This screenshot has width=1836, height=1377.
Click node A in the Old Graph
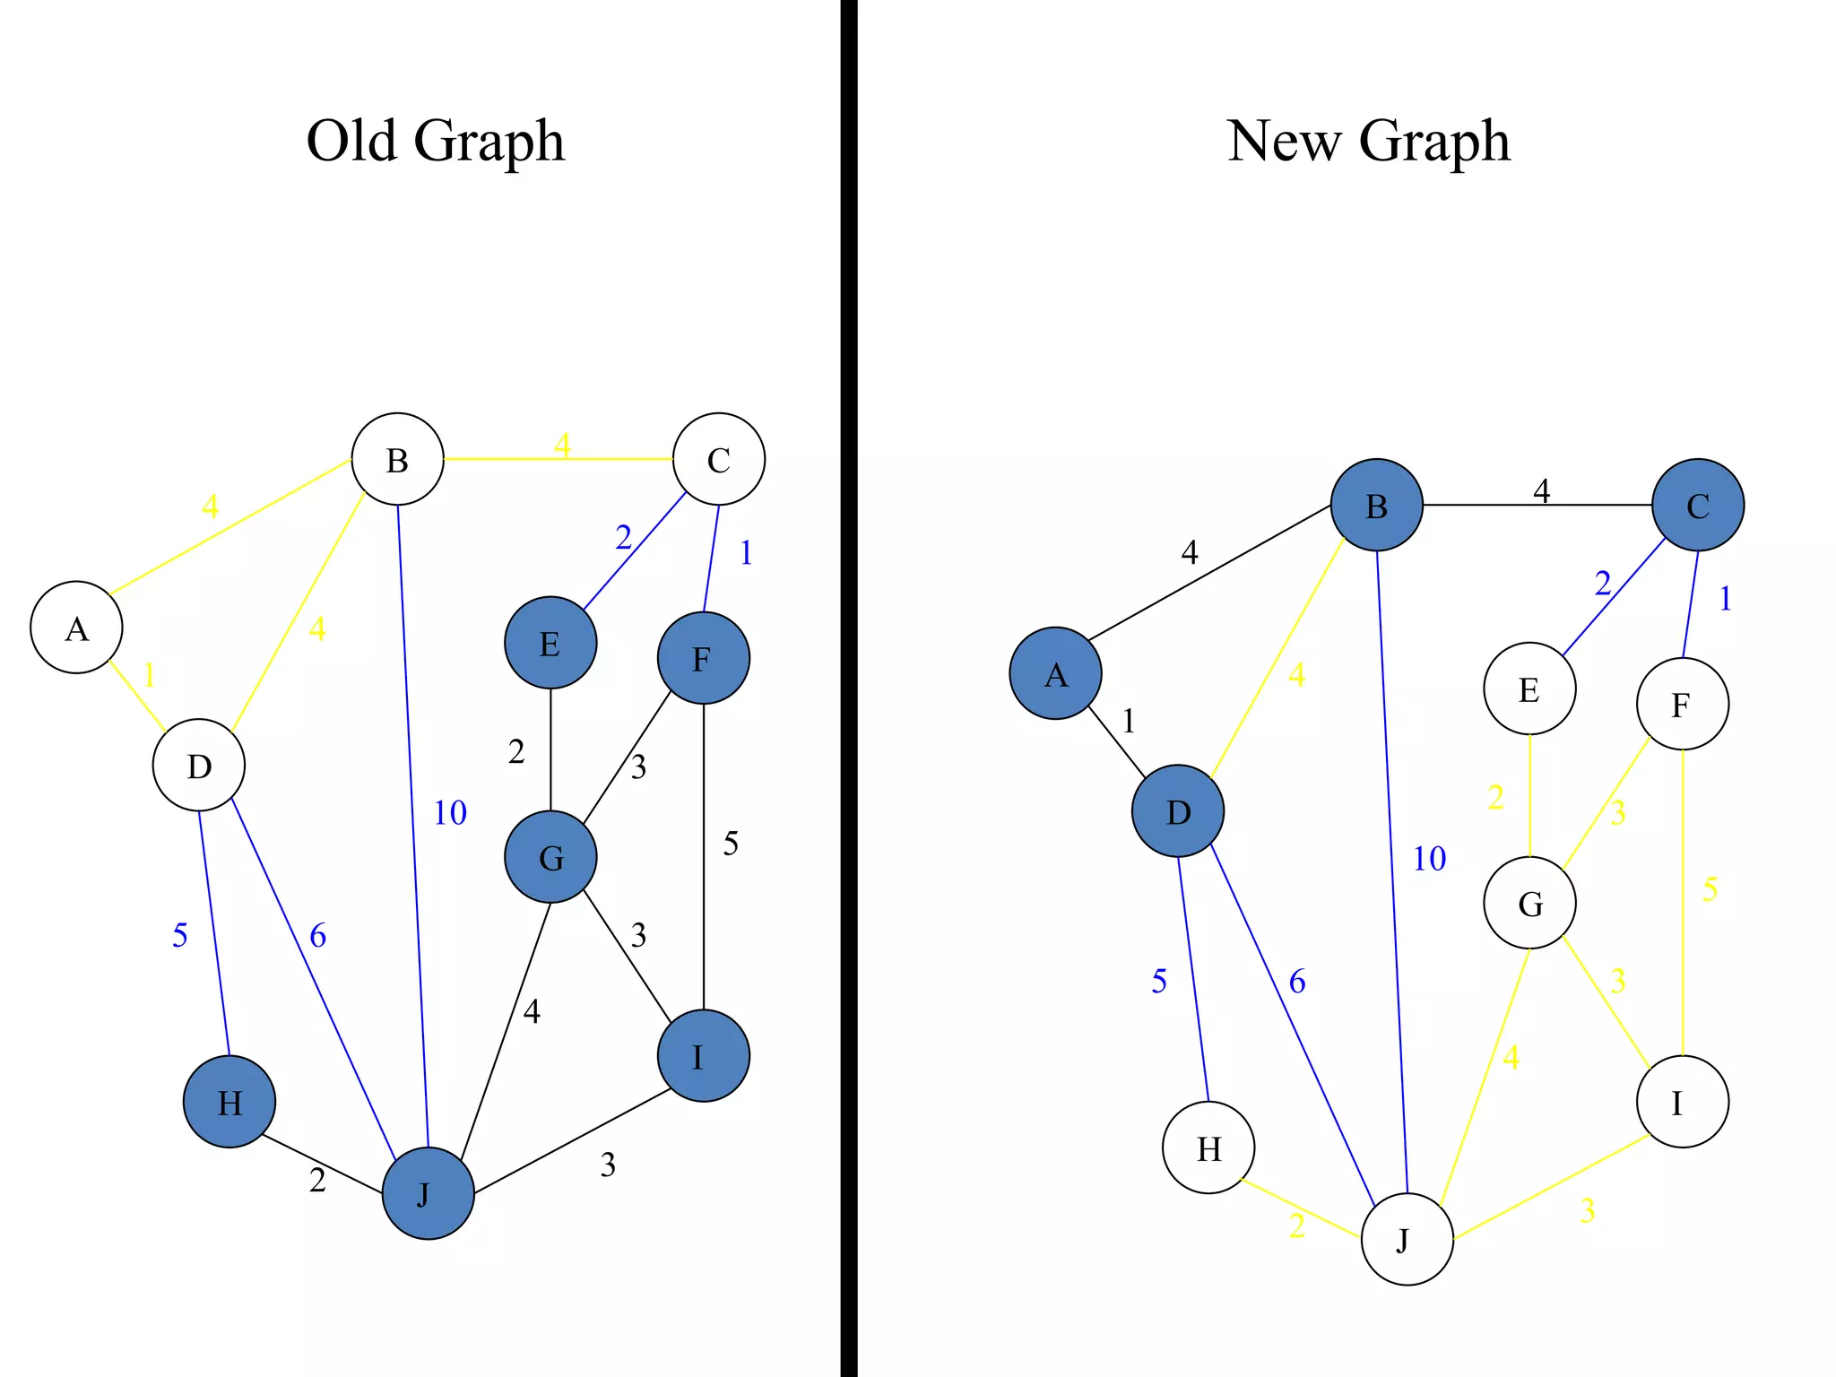coord(76,628)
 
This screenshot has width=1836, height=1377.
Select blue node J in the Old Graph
coord(428,1193)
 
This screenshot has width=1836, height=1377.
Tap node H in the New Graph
coord(1208,1147)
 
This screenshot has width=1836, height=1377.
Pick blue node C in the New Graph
coord(1697,505)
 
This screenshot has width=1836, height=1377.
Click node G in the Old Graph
coord(550,857)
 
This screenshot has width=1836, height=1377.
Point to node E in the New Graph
coord(1529,688)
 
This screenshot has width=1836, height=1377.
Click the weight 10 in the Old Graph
coord(450,813)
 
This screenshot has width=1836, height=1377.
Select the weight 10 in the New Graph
coord(1429,859)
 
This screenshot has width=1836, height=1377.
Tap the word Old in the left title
coord(351,141)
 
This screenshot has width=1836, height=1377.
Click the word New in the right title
coord(1284,141)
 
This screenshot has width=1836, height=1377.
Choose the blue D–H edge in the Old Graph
coord(213,932)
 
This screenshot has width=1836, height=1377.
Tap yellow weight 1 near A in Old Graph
coord(149,675)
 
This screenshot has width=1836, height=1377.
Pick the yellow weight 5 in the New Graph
coord(1710,889)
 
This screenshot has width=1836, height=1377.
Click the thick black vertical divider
coord(848,688)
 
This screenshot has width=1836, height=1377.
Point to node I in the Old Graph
coord(704,1056)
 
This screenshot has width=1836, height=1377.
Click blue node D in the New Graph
coord(1177,811)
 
